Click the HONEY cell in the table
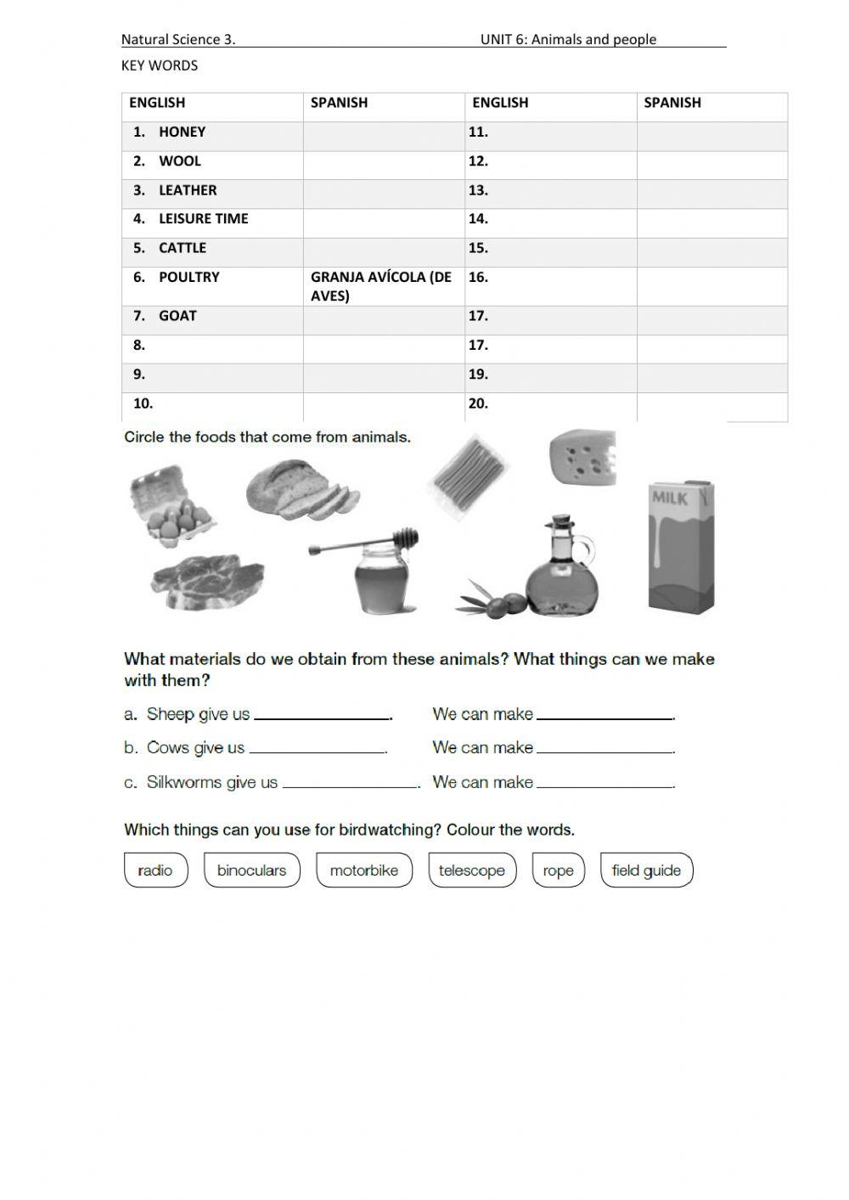point(182,132)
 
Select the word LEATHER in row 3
point(188,190)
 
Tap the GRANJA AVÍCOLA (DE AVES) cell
point(381,286)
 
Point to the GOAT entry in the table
point(177,316)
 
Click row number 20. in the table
point(478,404)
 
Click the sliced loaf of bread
point(300,490)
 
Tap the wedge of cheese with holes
point(582,457)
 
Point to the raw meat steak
point(206,583)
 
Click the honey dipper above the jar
point(365,541)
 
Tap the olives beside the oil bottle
point(492,602)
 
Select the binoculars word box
point(252,870)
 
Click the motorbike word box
point(363,870)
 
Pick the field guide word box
point(646,870)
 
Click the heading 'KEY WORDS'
point(160,65)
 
